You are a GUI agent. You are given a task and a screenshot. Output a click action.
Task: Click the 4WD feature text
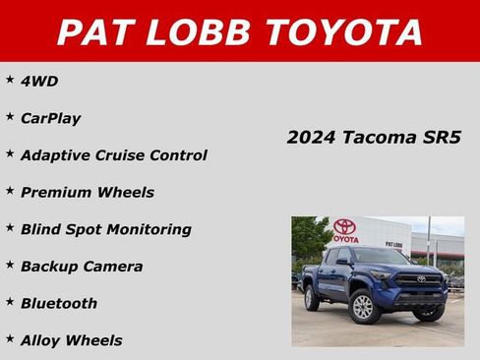(x=39, y=81)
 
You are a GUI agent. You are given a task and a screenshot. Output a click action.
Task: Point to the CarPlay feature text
(x=50, y=118)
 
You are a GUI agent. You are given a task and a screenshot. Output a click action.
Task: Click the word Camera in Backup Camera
(x=112, y=267)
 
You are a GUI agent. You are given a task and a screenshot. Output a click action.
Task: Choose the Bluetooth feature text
(x=59, y=303)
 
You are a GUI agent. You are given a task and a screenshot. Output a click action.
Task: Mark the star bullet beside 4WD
(x=10, y=79)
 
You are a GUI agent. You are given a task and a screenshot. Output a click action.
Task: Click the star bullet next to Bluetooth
(x=10, y=301)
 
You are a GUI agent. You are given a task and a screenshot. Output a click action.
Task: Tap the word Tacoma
(x=381, y=138)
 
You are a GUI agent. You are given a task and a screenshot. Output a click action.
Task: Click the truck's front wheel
(x=363, y=307)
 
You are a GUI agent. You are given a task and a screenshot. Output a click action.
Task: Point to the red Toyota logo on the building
(x=343, y=226)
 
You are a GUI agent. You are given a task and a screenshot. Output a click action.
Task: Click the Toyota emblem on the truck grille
(x=421, y=279)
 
